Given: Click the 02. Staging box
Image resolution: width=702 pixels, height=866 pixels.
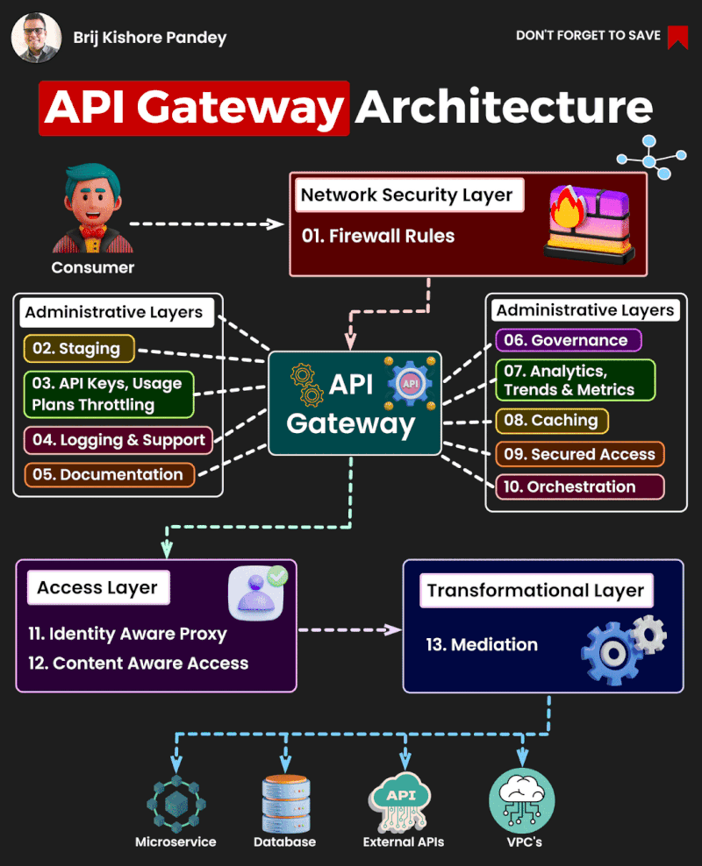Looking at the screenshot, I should [x=78, y=348].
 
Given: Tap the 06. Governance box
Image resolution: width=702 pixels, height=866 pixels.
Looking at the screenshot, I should [x=568, y=340].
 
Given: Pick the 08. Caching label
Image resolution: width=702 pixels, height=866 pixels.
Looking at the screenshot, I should [x=551, y=421].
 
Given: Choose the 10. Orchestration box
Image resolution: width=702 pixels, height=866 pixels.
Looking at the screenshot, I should [x=580, y=486].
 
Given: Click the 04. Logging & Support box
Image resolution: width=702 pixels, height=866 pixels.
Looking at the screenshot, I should [x=118, y=440].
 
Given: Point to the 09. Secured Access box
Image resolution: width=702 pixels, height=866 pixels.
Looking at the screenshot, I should [x=580, y=454].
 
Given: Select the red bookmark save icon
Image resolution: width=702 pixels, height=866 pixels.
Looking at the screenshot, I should [x=677, y=36].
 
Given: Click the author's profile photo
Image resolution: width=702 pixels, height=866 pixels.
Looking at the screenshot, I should [x=36, y=37].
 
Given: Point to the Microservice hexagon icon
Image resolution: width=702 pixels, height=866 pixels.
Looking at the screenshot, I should [x=175, y=801].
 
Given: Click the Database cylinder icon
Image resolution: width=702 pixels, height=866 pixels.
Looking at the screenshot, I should [x=285, y=802].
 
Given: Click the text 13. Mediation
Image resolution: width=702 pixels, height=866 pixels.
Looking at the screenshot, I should [x=481, y=644].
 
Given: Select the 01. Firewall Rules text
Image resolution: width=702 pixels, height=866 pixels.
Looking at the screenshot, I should [x=379, y=236].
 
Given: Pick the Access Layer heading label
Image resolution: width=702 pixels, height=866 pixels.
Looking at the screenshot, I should [x=97, y=588].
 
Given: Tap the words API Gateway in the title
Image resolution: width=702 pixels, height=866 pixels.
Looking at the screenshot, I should [x=194, y=108].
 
